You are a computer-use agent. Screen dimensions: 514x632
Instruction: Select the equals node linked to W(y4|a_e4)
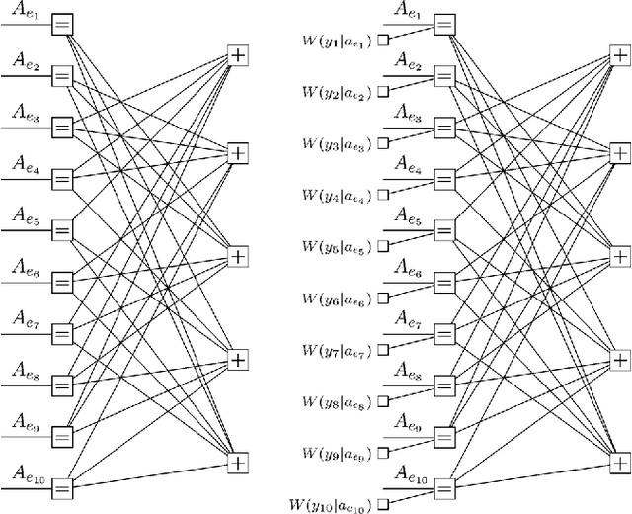pos(446,179)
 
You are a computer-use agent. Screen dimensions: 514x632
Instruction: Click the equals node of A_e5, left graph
pos(61,230)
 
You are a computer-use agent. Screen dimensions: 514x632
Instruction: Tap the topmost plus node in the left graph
pos(238,55)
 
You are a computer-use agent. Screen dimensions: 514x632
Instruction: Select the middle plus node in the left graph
pos(238,256)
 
